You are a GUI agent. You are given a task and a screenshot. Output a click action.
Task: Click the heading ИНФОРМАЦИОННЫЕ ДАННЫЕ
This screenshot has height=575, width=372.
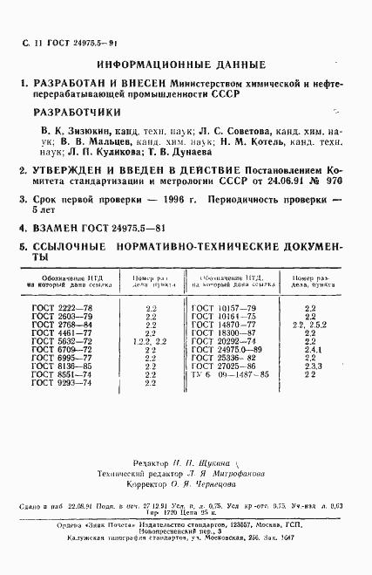pos(181,65)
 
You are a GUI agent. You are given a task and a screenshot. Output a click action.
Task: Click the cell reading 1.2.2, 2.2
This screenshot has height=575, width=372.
pos(151,341)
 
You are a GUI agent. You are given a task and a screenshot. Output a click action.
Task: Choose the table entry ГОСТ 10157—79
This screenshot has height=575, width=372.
pos(223,309)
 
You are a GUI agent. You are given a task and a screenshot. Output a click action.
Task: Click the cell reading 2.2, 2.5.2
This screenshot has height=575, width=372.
pos(310,325)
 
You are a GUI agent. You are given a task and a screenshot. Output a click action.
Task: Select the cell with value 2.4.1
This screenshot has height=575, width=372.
pos(310,350)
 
